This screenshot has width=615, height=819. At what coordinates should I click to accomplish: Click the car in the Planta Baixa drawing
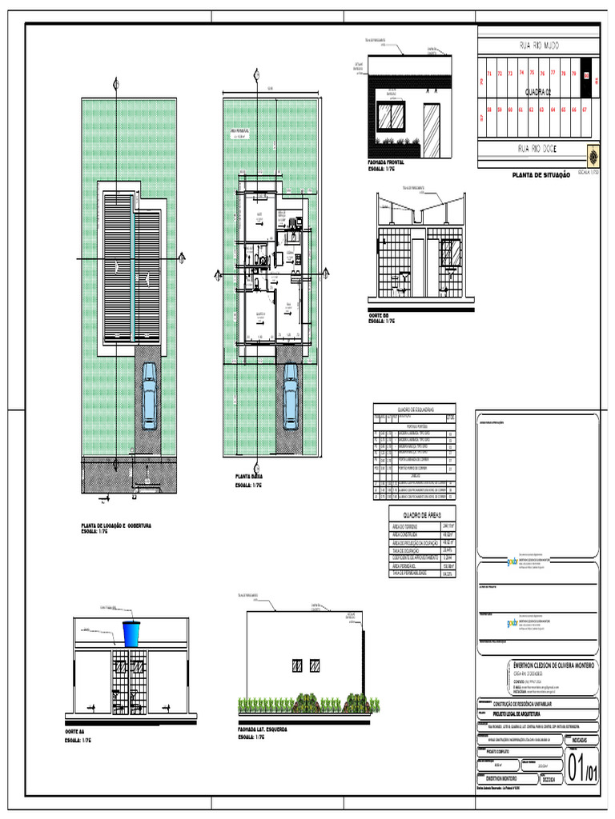tap(288, 396)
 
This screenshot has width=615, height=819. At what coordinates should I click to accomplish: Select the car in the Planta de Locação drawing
tap(148, 395)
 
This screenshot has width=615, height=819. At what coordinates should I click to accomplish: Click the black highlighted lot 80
tap(586, 77)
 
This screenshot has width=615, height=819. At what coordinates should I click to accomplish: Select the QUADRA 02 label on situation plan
tap(539, 91)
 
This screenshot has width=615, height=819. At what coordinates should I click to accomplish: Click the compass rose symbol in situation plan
tap(593, 154)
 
